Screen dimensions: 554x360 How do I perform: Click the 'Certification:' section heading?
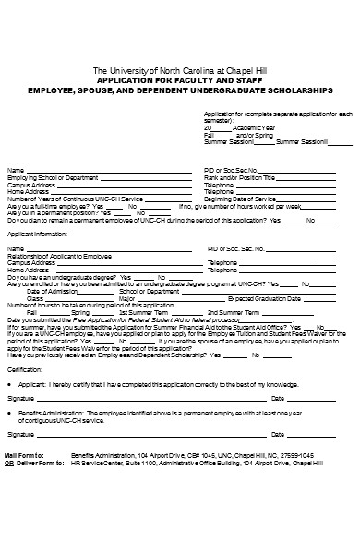25,369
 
